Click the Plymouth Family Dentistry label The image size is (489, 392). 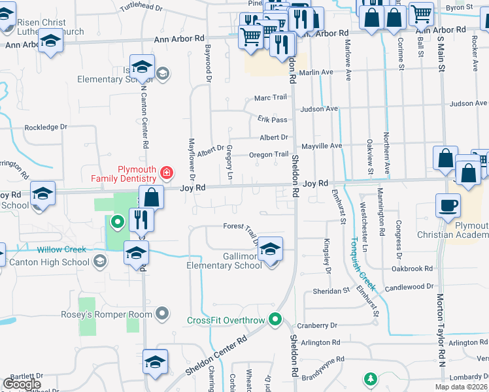(x=137, y=174)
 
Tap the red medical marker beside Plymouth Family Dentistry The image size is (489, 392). (x=167, y=172)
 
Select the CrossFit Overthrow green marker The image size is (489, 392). (x=276, y=319)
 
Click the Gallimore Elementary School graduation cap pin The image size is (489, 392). (x=270, y=250)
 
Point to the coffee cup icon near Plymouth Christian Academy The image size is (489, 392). (x=448, y=206)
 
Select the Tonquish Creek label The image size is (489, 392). (x=361, y=265)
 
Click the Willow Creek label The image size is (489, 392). (x=61, y=250)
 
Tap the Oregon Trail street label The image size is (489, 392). (x=269, y=154)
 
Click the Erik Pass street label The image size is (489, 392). (x=272, y=120)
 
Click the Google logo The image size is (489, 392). (x=22, y=384)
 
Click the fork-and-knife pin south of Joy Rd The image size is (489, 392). (x=141, y=220)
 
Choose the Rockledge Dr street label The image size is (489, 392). (x=46, y=127)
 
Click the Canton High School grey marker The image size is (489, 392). (x=99, y=262)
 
